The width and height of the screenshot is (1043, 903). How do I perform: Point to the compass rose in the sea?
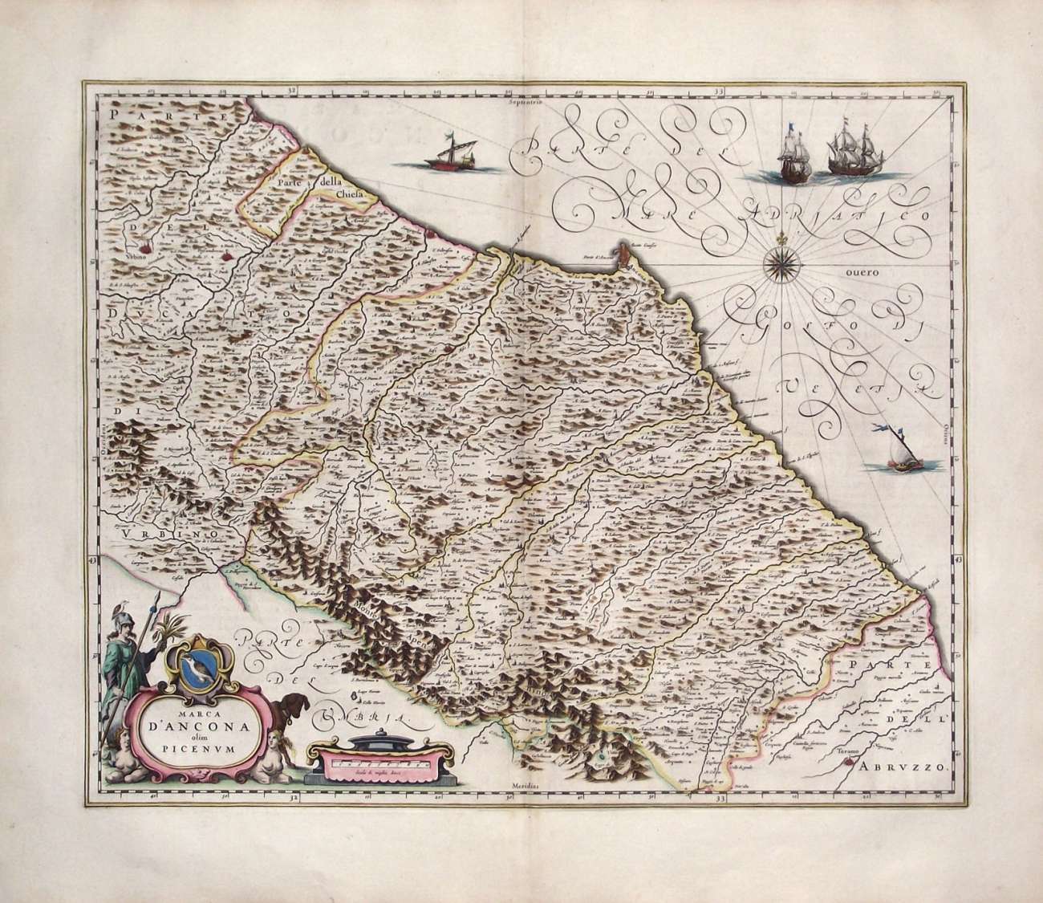(777, 261)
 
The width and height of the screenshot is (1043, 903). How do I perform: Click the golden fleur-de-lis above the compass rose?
(777, 238)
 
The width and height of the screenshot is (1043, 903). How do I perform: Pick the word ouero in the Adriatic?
(861, 272)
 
